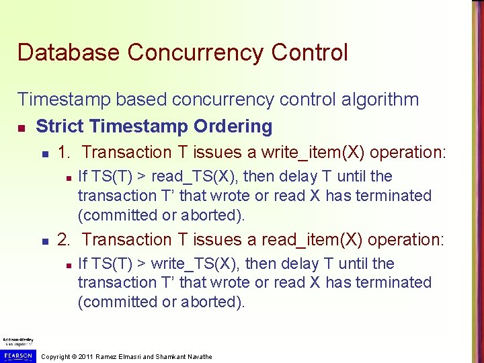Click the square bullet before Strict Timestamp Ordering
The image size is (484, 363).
(22, 127)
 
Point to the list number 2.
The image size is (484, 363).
(64, 240)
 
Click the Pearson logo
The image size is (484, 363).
(16, 354)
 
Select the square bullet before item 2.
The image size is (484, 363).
(43, 241)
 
